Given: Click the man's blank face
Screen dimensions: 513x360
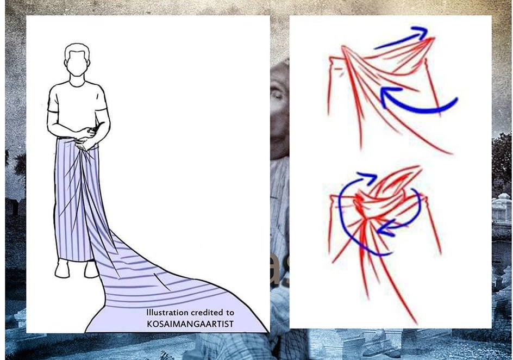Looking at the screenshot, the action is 78,62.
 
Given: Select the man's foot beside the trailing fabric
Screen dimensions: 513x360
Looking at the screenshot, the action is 91,269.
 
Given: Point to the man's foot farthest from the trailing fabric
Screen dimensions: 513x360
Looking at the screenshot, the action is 62,269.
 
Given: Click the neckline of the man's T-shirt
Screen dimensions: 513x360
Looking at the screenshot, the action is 77,84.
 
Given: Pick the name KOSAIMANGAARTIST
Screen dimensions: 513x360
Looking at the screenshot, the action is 190,324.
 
